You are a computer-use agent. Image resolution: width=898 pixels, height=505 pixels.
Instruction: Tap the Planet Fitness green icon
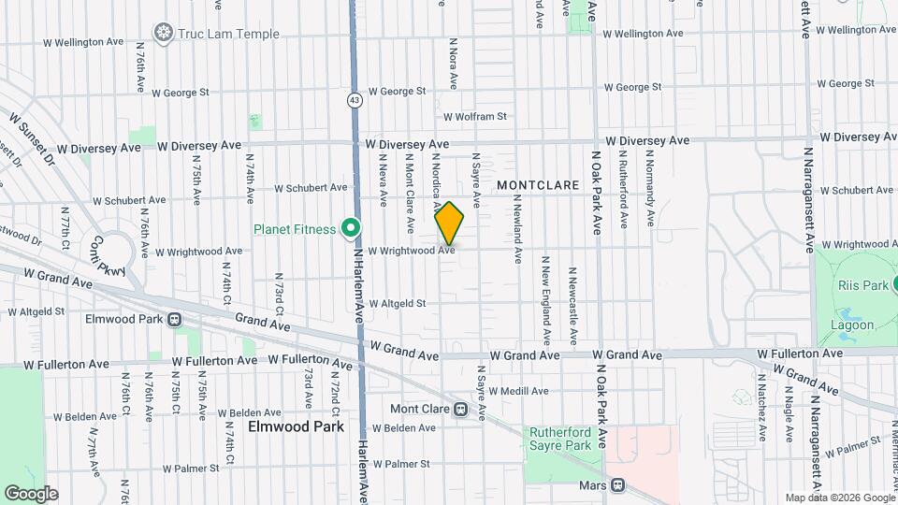(x=351, y=228)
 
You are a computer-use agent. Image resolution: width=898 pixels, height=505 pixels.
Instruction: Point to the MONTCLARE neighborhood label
(x=539, y=185)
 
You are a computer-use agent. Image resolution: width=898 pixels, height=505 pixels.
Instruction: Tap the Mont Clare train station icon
(x=460, y=410)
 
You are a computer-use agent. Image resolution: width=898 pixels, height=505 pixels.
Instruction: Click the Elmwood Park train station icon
(x=174, y=319)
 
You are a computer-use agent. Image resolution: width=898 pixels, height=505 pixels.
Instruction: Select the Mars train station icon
(x=617, y=484)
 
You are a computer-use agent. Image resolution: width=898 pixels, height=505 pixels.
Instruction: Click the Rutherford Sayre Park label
(x=561, y=440)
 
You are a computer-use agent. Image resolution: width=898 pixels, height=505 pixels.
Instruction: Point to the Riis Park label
(x=861, y=285)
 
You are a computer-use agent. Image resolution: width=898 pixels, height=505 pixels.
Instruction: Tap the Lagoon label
(x=852, y=325)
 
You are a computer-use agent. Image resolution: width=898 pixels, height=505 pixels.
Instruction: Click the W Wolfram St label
(x=474, y=117)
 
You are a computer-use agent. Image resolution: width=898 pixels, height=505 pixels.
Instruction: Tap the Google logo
(x=30, y=493)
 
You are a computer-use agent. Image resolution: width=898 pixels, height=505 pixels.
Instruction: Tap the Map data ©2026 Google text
(x=839, y=498)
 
